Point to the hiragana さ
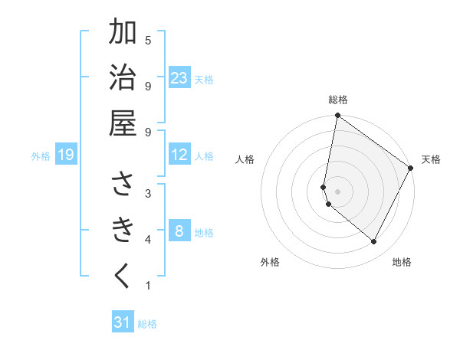(x=123, y=184)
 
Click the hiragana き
(x=123, y=230)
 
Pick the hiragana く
(x=123, y=276)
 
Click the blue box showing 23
(x=179, y=78)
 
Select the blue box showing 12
(x=179, y=155)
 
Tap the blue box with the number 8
(x=179, y=232)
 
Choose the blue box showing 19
(x=66, y=155)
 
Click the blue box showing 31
(x=123, y=322)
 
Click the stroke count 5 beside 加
(x=147, y=40)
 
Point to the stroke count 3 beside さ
(x=147, y=193)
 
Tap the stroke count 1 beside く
(x=147, y=286)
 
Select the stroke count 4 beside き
(x=147, y=240)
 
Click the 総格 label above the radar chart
(x=338, y=100)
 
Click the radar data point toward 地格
(x=374, y=241)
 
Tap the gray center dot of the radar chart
(x=338, y=191)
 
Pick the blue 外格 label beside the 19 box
(x=41, y=156)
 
